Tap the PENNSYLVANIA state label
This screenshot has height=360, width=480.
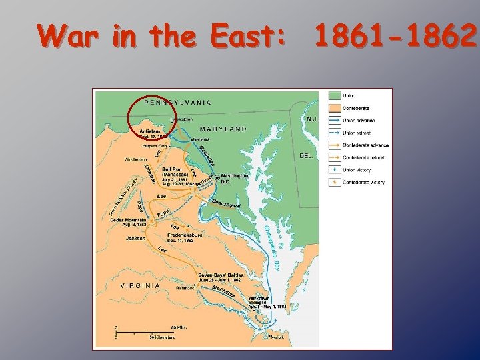(x=178, y=103)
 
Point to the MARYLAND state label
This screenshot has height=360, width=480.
(x=223, y=129)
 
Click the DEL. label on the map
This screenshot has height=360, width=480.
(x=306, y=155)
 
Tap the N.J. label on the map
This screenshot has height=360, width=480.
(x=311, y=119)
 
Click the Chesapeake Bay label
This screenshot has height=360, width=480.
(x=273, y=247)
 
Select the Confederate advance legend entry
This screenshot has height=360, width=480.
(x=365, y=145)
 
